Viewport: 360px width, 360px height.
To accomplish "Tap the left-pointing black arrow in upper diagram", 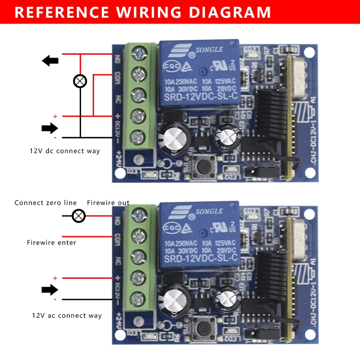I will coord(50,60).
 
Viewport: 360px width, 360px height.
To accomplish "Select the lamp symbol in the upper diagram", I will coord(80,81).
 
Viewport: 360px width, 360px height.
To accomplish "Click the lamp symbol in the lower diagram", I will coord(79,216).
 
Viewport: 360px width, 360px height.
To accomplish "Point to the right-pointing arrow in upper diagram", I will coord(50,128).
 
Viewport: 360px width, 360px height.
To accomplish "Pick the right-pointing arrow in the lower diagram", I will coord(50,289).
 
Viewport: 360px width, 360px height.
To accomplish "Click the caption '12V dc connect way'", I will coord(65,151).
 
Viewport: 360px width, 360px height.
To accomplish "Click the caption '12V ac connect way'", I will coord(67,315).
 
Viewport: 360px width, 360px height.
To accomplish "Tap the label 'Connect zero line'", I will coord(46,203).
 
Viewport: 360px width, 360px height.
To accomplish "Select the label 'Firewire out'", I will coord(108,203).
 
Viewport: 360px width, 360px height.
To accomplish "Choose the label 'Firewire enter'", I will coord(51,242).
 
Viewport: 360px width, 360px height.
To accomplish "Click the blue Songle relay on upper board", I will coord(200,72).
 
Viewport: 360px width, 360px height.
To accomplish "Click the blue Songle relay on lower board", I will coord(200,234).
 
